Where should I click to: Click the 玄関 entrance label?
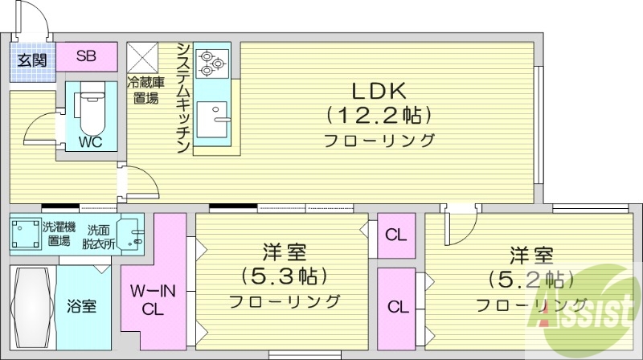click(33, 59)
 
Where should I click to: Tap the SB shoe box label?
click(86, 56)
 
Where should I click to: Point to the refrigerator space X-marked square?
click(145, 56)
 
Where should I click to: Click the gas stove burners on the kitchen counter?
click(214, 60)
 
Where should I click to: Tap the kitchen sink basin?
click(214, 121)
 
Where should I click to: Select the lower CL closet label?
click(397, 306)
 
